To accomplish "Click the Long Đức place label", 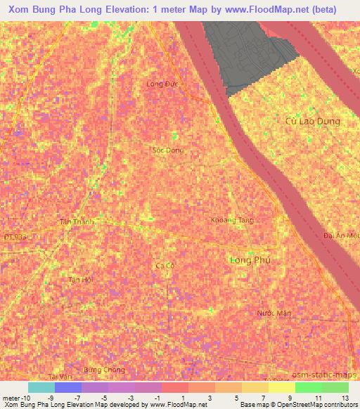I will point(160,84).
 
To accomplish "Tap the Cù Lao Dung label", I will point(313,121).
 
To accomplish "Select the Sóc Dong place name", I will point(167,150).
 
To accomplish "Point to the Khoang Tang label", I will point(231,220).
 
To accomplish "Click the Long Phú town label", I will point(250,260).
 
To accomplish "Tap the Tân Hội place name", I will point(80,279).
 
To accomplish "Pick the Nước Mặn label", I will point(274,313).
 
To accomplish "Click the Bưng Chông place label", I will point(103,370).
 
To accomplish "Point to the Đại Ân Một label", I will point(342,235).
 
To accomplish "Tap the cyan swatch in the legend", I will point(41,387).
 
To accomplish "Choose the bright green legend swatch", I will point(308,387).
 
